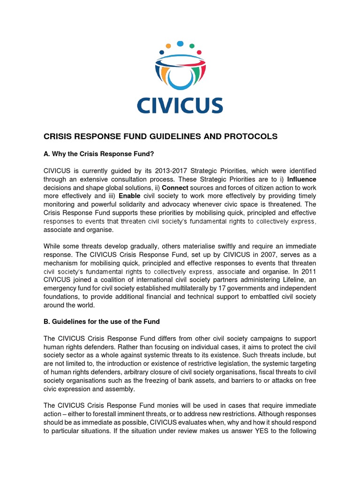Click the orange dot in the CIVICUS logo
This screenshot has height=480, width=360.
click(x=168, y=46)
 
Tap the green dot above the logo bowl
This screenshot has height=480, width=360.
click(x=191, y=46)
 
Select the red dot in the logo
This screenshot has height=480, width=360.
click(x=199, y=52)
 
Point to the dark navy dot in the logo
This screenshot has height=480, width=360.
click(x=162, y=52)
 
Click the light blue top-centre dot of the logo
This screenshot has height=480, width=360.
click(x=180, y=44)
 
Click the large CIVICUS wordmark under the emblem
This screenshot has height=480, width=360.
click(x=180, y=105)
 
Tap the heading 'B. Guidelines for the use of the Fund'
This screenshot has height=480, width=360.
click(x=102, y=322)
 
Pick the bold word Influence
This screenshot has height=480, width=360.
click(x=301, y=179)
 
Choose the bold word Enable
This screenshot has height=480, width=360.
click(x=129, y=196)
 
